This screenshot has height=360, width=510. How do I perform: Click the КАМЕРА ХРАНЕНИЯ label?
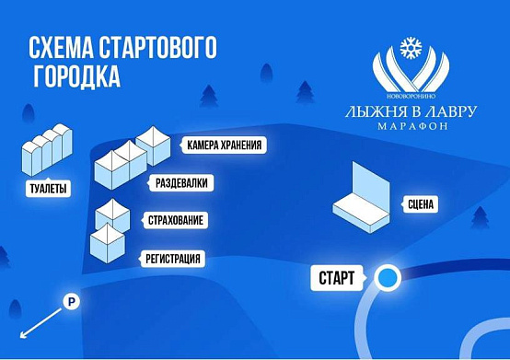pos(224,145)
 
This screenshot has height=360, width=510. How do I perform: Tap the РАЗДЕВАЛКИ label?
pos(180,183)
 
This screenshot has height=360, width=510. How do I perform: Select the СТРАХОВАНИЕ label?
pos(175,220)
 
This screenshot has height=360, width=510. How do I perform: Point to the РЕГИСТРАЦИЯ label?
pos(172,259)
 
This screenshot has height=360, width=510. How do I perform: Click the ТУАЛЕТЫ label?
pos(48,189)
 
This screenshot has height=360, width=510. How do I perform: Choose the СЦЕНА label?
pos(420,204)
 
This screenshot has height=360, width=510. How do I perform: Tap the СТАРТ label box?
pos(337,278)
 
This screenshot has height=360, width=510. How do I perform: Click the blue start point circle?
pos(388,277)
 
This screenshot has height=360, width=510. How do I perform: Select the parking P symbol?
pos(71,301)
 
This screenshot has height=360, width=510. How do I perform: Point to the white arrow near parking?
pos(41,323)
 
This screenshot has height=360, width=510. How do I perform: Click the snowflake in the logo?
pos(411,48)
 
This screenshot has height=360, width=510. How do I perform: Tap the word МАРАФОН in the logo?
pos(412,126)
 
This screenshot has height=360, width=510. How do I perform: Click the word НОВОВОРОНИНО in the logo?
pos(411,97)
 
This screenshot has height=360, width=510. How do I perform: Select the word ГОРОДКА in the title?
pos(76,76)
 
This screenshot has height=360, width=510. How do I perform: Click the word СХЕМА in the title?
pos(61,48)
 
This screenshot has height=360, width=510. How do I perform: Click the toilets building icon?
pos(47,149)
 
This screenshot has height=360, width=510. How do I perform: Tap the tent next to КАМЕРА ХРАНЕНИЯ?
pos(153,145)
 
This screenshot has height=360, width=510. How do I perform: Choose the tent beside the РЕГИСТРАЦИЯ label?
pos(108,244)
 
